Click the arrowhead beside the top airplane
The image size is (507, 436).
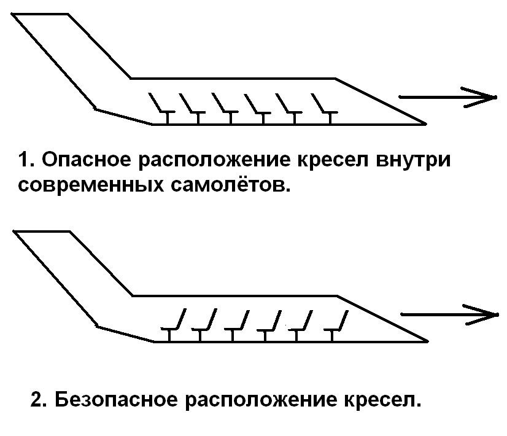tap(487, 97)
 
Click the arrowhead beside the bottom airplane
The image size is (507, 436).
tap(490, 314)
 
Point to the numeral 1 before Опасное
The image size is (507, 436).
tap(23, 162)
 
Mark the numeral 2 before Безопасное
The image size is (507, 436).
tap(37, 401)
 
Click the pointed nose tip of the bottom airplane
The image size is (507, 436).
tap(427, 340)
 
